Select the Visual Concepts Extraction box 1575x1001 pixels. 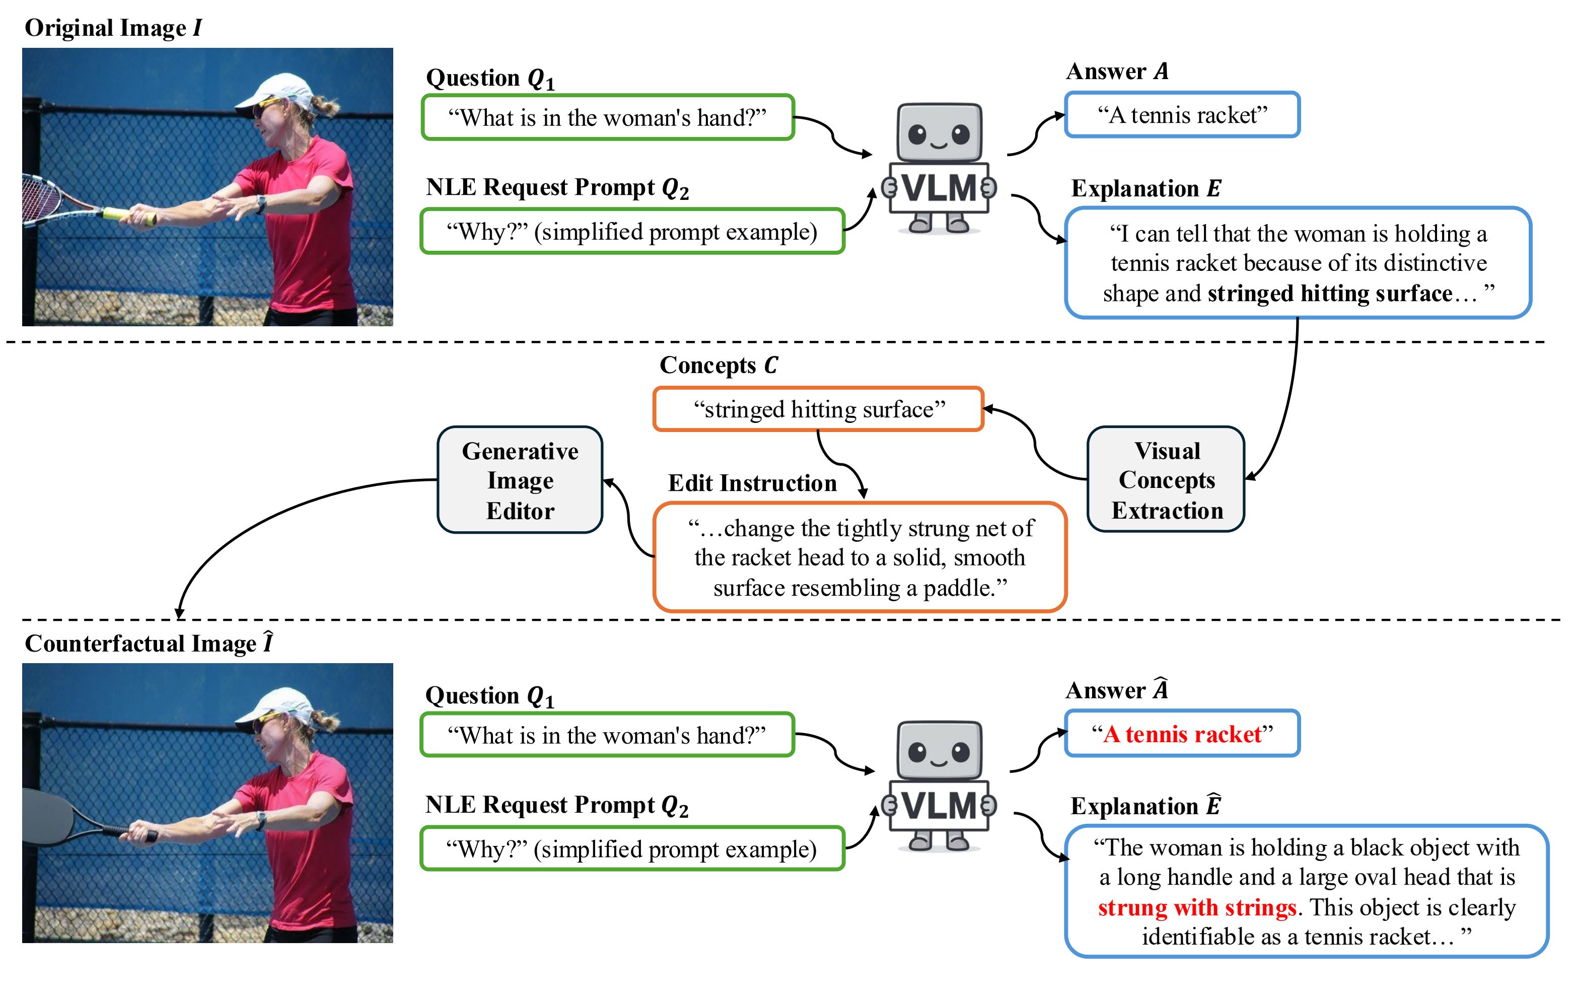pyautogui.click(x=1166, y=479)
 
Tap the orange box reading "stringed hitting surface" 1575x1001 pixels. pyautogui.click(x=818, y=409)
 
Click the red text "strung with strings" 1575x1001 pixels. pyautogui.click(x=1196, y=907)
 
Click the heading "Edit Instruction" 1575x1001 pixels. pyautogui.click(x=752, y=483)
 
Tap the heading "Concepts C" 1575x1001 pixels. pyautogui.click(x=718, y=365)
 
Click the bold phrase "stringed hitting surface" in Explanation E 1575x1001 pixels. pyautogui.click(x=1329, y=293)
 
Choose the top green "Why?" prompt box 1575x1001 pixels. pyautogui.click(x=632, y=232)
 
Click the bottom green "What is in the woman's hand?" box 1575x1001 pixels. pyautogui.click(x=607, y=735)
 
